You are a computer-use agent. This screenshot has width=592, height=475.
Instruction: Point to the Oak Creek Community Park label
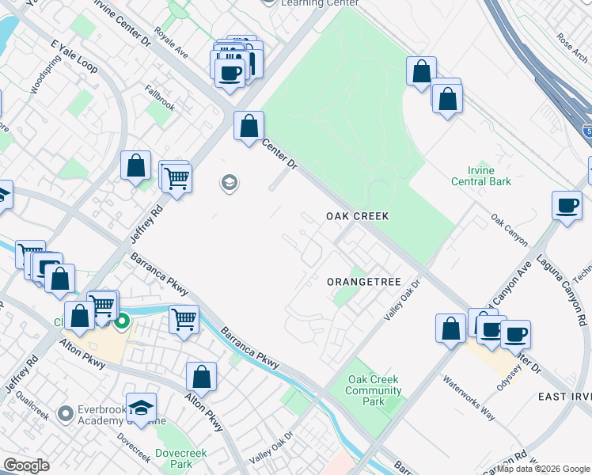[x=374, y=390]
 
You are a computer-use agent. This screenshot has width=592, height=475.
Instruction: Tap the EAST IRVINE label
[x=564, y=397]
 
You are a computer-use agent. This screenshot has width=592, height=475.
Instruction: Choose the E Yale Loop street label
[x=74, y=56]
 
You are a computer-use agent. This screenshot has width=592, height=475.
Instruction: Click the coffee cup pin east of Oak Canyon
[x=566, y=206]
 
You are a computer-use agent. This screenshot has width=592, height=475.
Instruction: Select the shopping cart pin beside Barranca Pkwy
[x=184, y=321]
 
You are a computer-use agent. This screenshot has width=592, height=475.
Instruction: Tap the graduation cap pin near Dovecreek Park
[x=141, y=408]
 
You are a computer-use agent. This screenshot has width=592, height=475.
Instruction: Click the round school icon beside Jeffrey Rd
[x=230, y=184]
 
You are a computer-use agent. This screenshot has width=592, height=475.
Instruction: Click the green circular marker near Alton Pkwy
[x=122, y=322]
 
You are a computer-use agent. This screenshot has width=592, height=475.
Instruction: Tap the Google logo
[x=25, y=465]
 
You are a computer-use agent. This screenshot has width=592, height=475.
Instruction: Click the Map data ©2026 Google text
[x=543, y=469]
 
